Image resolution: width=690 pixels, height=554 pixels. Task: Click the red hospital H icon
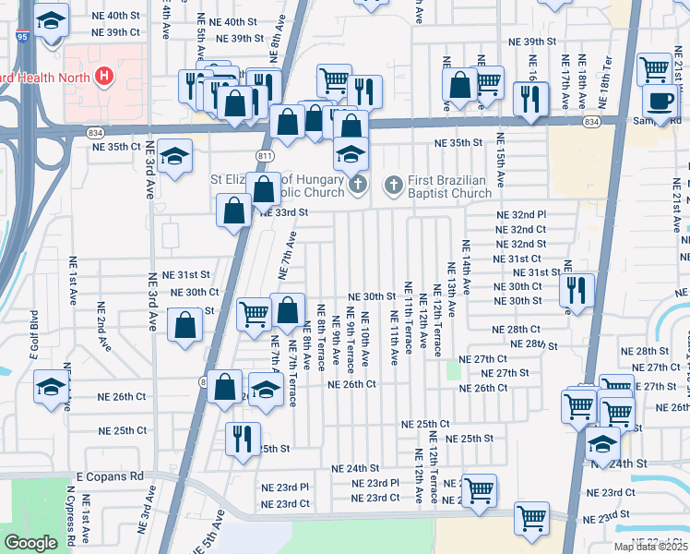[104, 74]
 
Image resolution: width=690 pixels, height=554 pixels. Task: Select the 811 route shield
[265, 156]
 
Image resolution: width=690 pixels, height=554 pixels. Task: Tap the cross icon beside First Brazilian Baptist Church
[393, 187]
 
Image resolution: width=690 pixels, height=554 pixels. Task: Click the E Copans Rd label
[111, 476]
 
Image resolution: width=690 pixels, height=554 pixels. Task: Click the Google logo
[30, 543]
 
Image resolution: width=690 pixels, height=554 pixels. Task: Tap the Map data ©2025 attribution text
[650, 547]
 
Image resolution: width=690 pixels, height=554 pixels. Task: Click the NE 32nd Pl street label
[521, 213]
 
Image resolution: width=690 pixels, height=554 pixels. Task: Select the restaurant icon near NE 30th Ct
[577, 291]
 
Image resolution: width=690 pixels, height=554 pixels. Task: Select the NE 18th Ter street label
[605, 74]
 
